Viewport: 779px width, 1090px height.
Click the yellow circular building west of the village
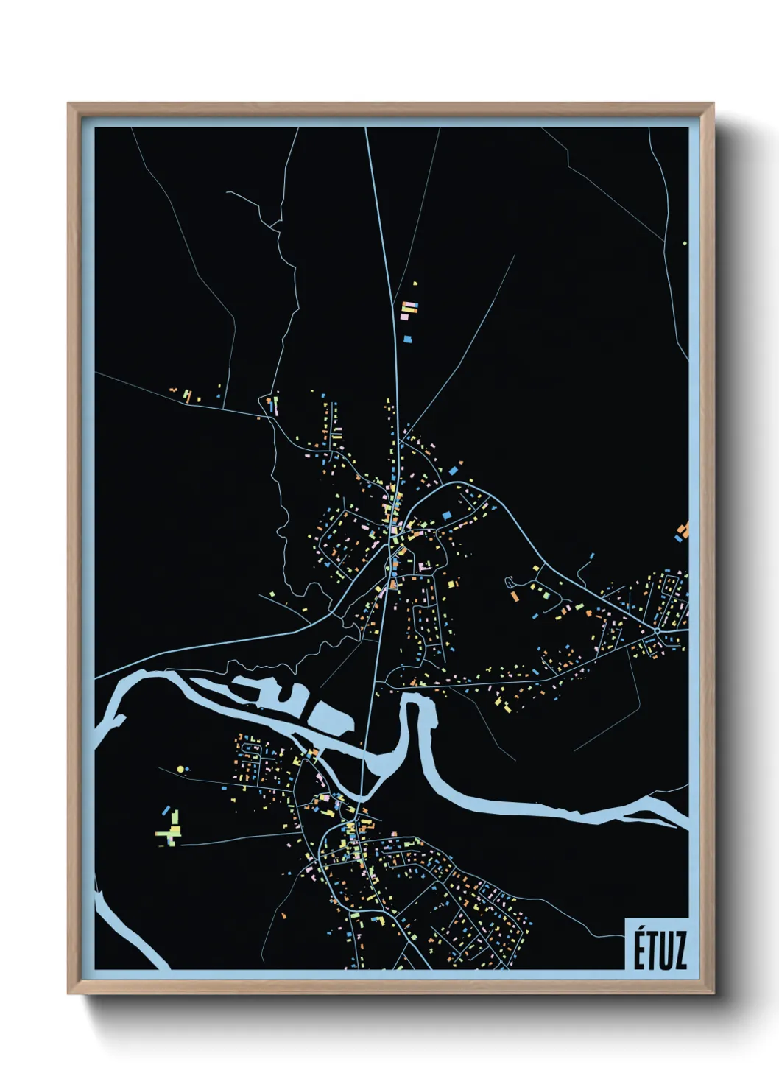tap(180, 770)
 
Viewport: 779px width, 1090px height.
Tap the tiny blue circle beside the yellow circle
tap(188, 768)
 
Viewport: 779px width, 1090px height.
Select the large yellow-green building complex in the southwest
tap(170, 833)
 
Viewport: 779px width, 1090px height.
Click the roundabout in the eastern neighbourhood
tap(657, 630)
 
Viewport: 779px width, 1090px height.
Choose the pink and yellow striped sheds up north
tap(409, 310)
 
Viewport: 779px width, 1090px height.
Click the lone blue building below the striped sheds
tap(408, 339)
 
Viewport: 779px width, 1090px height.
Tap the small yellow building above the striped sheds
tap(415, 283)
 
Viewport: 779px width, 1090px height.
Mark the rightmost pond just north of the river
tap(330, 715)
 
